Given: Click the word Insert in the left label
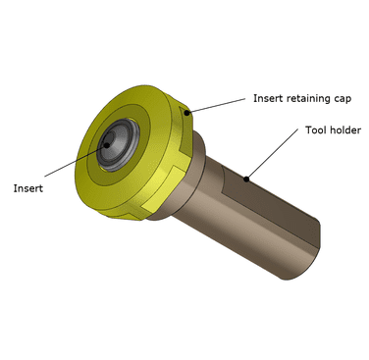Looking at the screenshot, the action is click(x=28, y=188).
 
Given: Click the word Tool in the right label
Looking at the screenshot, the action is click(x=316, y=129).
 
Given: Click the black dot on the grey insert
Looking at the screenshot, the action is click(x=106, y=145).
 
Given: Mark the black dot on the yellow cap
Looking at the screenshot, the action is click(x=186, y=113).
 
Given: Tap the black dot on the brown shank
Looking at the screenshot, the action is click(x=246, y=179).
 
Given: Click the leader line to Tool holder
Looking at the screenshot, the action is click(x=272, y=154).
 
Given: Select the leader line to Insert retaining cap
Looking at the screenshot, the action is click(x=216, y=105).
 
